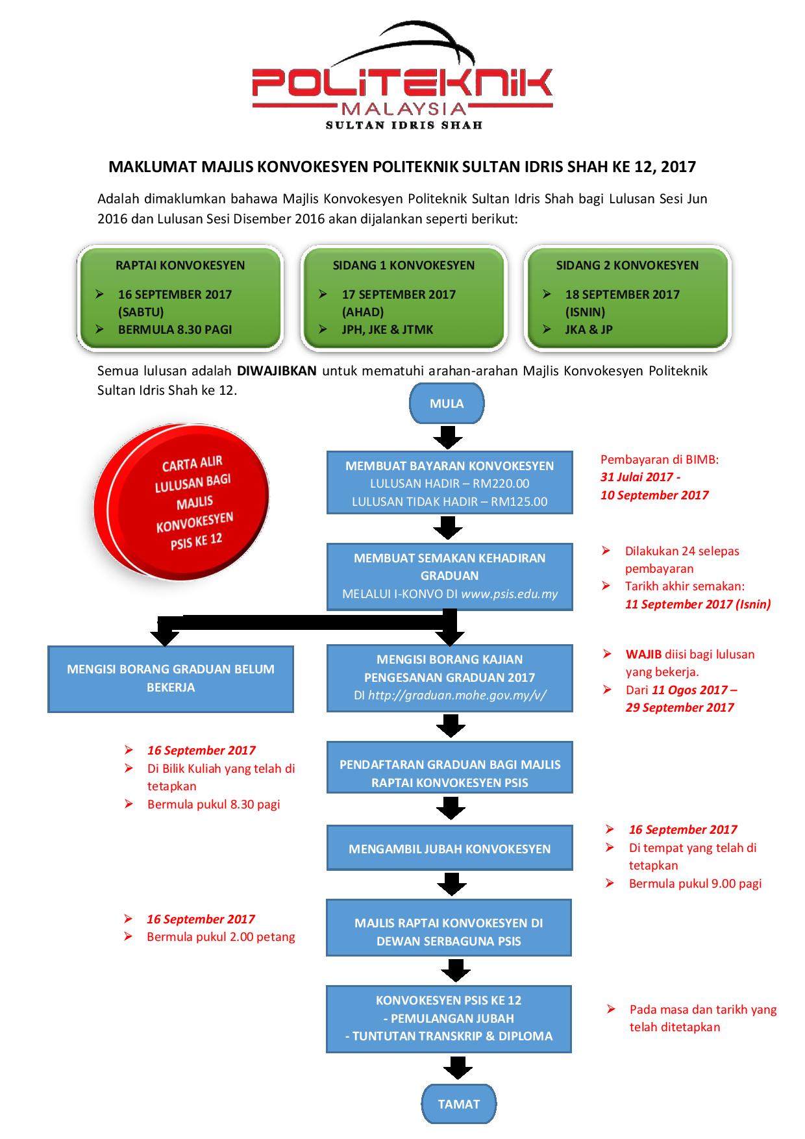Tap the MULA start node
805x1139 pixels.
[x=447, y=403]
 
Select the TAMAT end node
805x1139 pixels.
[x=459, y=1104]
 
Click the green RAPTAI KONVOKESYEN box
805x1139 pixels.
[x=180, y=297]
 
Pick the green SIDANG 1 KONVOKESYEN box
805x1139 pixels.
[x=404, y=297]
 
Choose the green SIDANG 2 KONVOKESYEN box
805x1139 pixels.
[x=627, y=297]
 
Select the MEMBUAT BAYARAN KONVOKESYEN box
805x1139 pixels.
[x=449, y=482]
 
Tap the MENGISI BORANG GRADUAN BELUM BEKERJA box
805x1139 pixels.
[x=171, y=678]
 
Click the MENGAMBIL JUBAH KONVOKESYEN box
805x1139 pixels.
[x=449, y=848]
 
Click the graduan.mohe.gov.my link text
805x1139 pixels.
[x=457, y=695]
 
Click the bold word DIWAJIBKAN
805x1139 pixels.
[x=277, y=371]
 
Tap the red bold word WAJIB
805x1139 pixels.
[x=643, y=654]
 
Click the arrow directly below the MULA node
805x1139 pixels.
[x=448, y=437]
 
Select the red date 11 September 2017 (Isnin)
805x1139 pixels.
[x=698, y=604]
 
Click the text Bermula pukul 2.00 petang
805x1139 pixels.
[x=221, y=936]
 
